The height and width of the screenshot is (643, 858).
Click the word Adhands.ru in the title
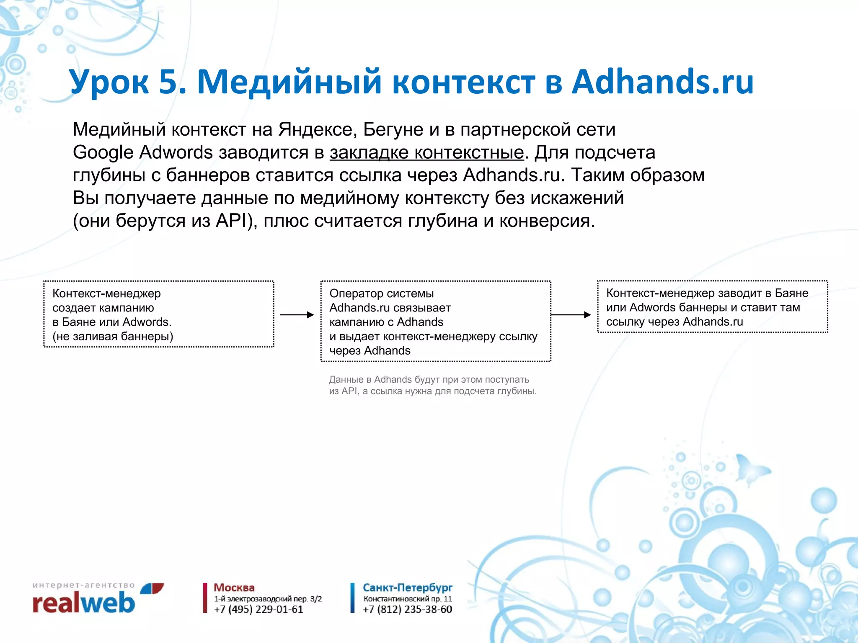pos(663,82)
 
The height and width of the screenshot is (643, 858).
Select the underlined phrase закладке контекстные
pos(426,152)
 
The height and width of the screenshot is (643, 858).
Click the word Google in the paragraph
pos(103,152)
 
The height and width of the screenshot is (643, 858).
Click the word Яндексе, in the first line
pos(318,129)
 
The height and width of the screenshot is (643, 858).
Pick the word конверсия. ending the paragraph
pos(547,221)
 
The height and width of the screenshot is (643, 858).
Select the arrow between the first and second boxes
pos(297,315)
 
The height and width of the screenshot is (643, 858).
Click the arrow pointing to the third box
pos(571,315)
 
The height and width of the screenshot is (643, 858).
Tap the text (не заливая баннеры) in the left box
pos(113,336)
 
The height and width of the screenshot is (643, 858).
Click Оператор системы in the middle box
pos(381,293)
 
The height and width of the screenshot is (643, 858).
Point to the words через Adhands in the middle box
pos(370,350)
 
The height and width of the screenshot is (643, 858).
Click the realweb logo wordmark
pos(84,603)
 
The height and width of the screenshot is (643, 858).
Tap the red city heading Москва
pos(234,588)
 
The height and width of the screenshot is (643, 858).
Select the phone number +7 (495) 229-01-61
pos(258,610)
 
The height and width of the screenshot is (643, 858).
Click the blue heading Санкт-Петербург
pos(407,588)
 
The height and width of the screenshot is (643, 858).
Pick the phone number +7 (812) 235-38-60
pos(407,610)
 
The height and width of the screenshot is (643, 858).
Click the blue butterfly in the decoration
pos(752,469)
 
